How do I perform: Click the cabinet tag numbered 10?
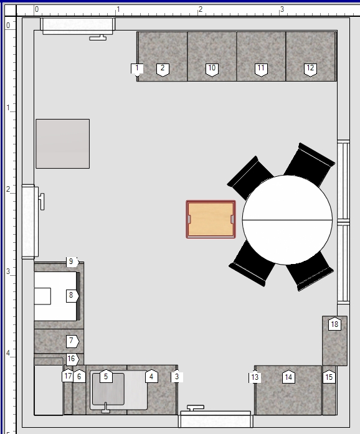point(212,69)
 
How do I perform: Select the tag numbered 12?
point(310,69)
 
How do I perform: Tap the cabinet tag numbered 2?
point(163,69)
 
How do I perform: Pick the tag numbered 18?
point(334,324)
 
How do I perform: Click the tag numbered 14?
point(288,377)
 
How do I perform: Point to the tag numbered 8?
point(72,296)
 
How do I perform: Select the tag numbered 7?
point(72,341)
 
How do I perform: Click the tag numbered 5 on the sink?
point(105,376)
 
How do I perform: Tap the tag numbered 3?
point(177,377)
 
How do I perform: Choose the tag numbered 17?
point(67,375)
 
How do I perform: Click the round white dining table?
point(287,220)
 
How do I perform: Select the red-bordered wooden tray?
point(211,219)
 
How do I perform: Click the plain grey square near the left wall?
point(62,144)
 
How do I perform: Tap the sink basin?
point(108,389)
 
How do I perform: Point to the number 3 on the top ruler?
point(282,9)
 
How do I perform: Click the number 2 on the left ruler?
point(8,189)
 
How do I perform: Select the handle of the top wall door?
point(98,37)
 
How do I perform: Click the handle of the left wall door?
point(42,202)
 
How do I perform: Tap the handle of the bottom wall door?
point(196,408)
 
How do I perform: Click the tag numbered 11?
point(261,69)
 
